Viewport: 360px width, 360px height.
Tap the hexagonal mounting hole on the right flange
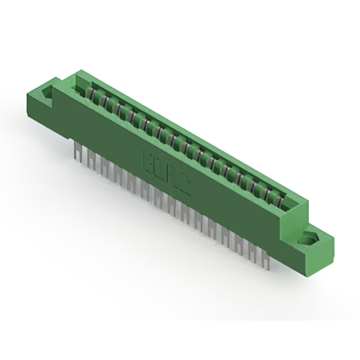[308, 238]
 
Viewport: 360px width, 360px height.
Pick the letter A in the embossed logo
[173, 177]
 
